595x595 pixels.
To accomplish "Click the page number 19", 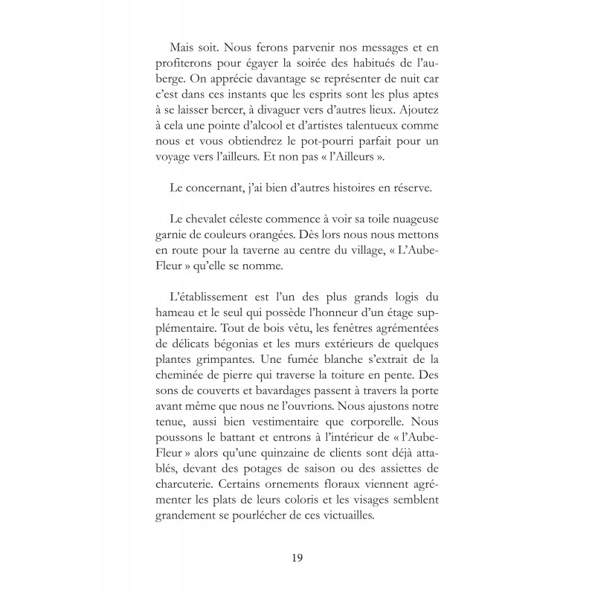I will (297, 557).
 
